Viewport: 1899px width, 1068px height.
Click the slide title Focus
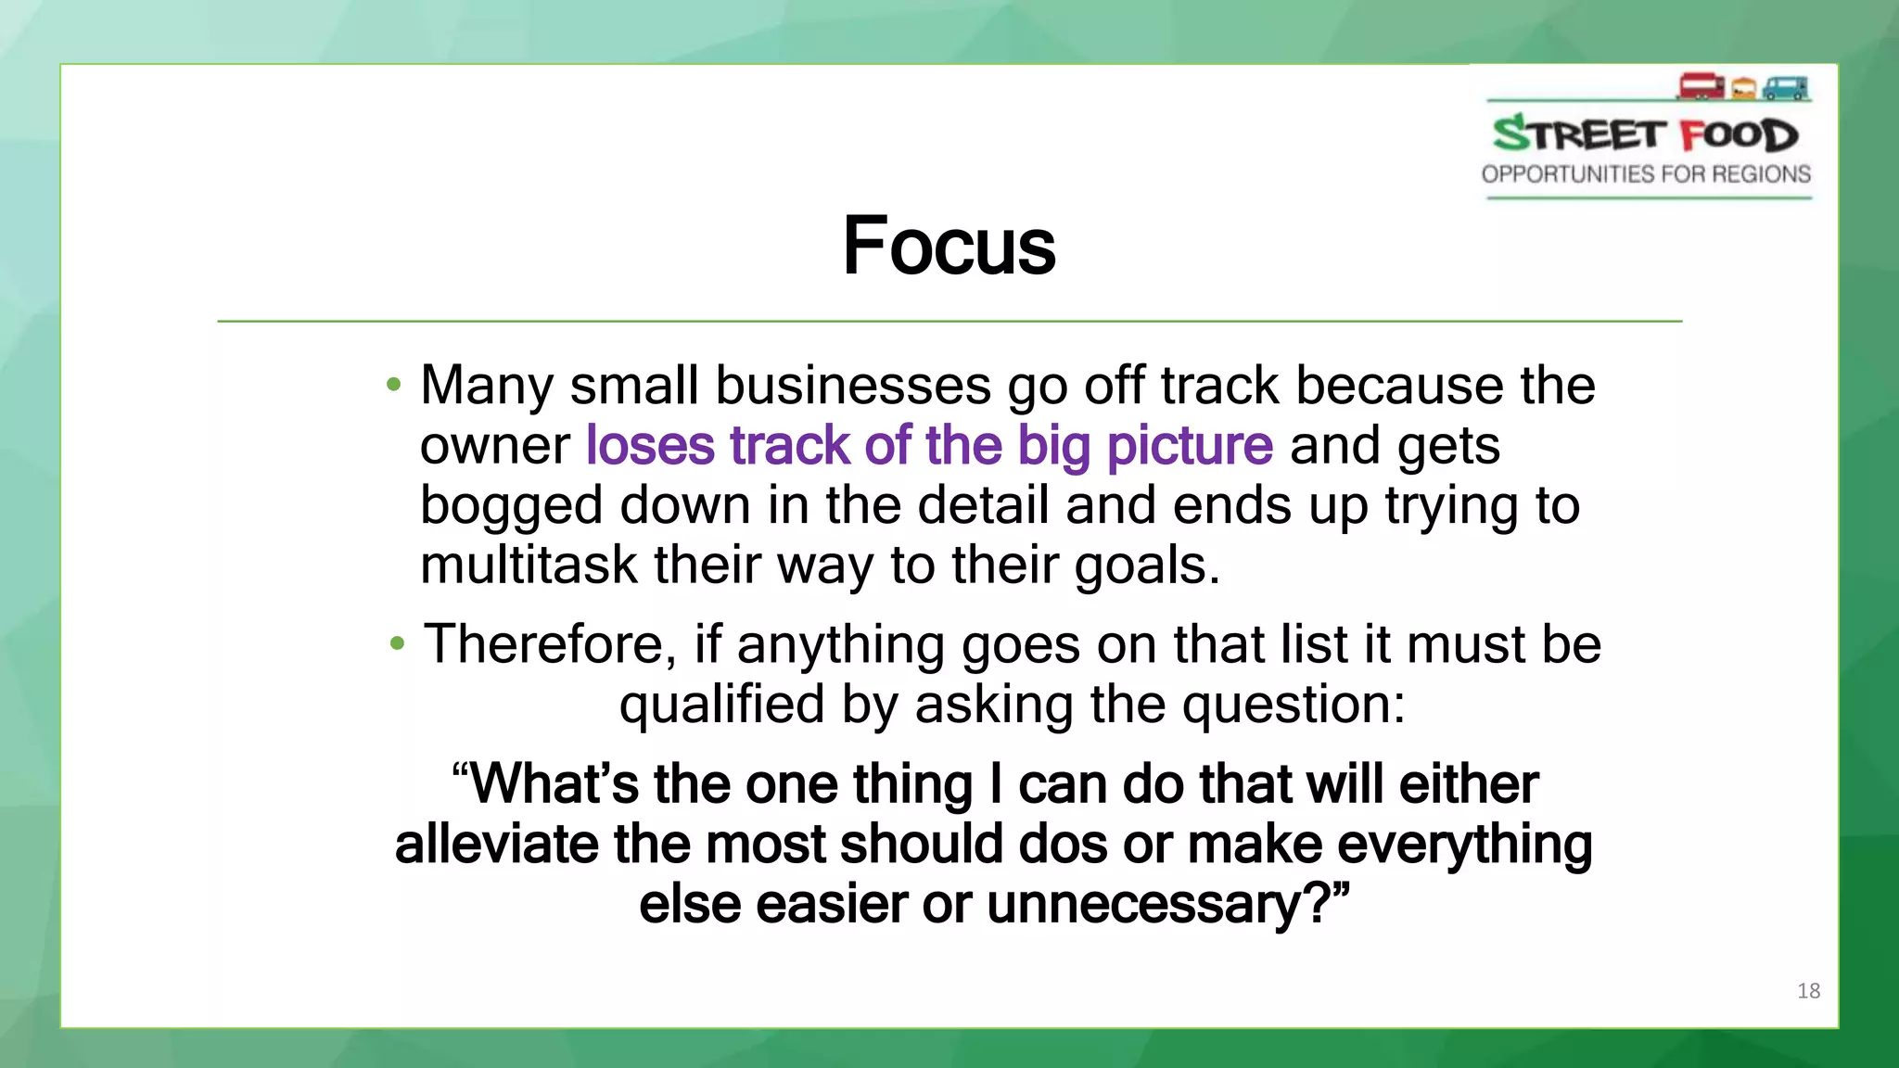click(x=949, y=246)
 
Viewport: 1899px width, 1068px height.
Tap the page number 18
click(x=1808, y=991)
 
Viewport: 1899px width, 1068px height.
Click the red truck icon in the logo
click(x=1701, y=86)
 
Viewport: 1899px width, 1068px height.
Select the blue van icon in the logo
click(x=1786, y=88)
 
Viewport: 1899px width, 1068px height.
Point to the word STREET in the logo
click(x=1579, y=134)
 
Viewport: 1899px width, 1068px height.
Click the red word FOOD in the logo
click(x=1740, y=135)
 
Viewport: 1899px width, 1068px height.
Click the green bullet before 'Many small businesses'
click(x=394, y=384)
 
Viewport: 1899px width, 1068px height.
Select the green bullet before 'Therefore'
click(x=398, y=643)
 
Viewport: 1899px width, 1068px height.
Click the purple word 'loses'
click(x=650, y=445)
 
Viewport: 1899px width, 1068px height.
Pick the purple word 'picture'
click(x=1190, y=447)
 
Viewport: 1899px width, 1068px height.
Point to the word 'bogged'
click(x=511, y=507)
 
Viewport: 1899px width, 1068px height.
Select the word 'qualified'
click(x=721, y=705)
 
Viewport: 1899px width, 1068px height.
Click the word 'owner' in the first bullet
click(x=494, y=446)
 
